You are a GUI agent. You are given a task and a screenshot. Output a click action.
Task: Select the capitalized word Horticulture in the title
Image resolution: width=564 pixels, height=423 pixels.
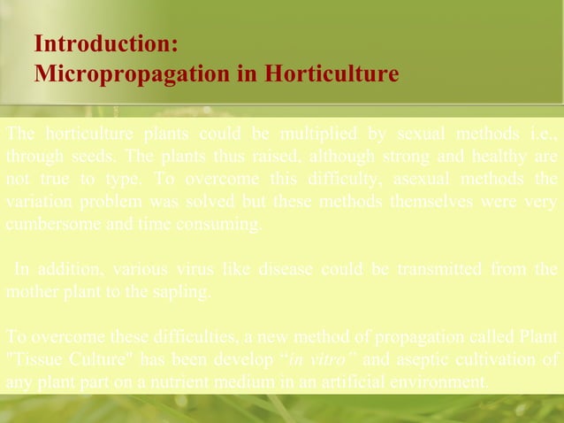[331, 73]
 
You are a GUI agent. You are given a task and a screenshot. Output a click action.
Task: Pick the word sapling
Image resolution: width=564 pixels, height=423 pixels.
[180, 291]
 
